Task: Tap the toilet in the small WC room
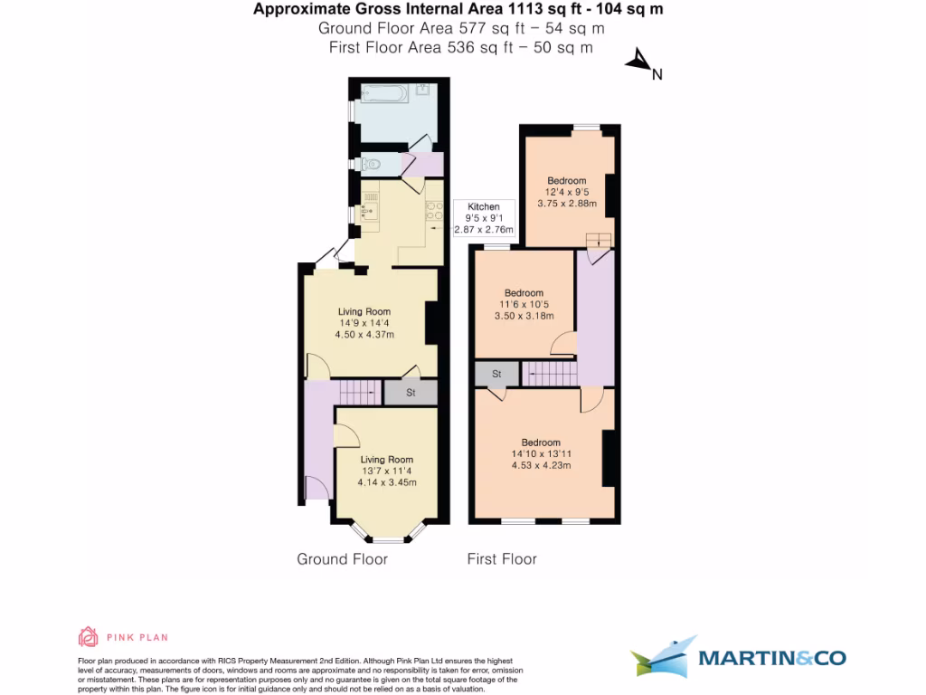[x=371, y=165]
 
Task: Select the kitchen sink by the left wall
[x=368, y=213]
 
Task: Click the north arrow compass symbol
[x=639, y=62]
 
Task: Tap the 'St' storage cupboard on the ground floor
[x=410, y=393]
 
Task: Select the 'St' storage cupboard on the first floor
[x=496, y=374]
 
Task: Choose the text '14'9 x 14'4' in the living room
[x=364, y=323]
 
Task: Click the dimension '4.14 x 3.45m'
[x=387, y=482]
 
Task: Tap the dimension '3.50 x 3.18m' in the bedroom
[x=524, y=316]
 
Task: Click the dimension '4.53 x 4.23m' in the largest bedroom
[x=541, y=466]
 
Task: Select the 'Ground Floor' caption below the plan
[x=342, y=559]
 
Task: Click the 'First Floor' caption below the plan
[x=501, y=559]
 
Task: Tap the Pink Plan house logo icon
[x=88, y=636]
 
